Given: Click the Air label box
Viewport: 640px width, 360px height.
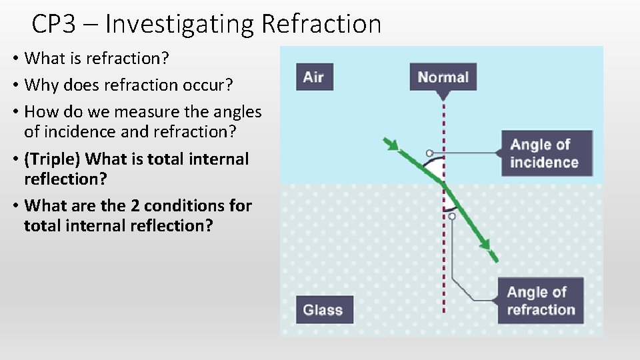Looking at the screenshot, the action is click(313, 77).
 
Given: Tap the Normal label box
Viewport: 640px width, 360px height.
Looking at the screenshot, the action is click(443, 77).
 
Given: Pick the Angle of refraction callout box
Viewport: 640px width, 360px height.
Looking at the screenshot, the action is click(540, 301).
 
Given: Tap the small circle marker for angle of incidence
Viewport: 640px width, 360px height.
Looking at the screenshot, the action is click(429, 153).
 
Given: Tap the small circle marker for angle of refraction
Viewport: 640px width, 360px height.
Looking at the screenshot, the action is click(452, 216).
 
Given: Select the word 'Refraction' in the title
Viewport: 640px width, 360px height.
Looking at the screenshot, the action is click(321, 25).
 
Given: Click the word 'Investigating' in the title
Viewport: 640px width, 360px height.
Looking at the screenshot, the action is click(179, 25).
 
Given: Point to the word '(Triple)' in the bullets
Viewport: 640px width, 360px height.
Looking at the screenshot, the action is click(53, 159).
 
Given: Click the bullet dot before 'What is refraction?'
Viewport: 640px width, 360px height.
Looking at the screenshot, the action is click(15, 59).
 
